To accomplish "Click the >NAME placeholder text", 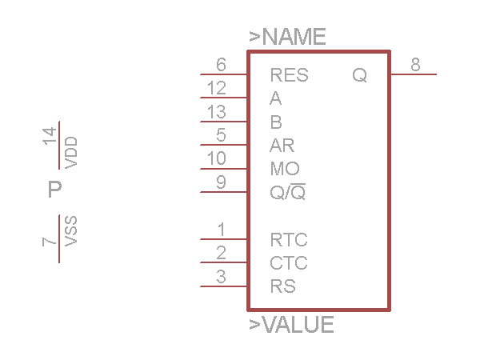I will click(x=288, y=37).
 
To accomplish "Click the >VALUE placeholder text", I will click(x=291, y=325).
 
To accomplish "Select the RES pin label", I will click(x=289, y=76).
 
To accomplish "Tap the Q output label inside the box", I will click(x=360, y=76).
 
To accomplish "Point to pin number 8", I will click(x=416, y=65).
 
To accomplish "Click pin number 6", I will click(x=221, y=65).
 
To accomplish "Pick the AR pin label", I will click(x=282, y=146).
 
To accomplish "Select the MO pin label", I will click(x=285, y=169).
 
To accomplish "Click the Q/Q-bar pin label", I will click(x=288, y=192).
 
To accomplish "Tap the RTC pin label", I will click(x=289, y=240).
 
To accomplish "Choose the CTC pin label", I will click(x=289, y=263).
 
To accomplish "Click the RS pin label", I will click(x=282, y=286).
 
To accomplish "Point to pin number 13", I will click(x=216, y=112).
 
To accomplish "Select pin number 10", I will click(x=216, y=158).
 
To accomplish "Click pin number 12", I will click(x=216, y=89).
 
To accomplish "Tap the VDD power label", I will click(x=71, y=152).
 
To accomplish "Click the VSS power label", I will click(x=71, y=230).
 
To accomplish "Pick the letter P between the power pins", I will click(x=54, y=190).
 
